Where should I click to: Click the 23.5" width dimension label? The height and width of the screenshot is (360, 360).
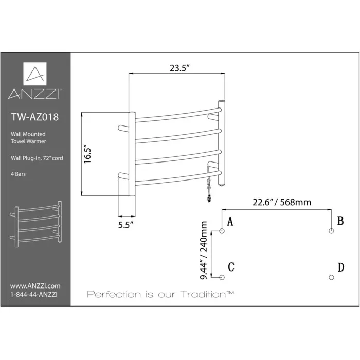click(x=176, y=67)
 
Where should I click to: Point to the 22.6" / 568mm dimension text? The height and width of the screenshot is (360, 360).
click(x=282, y=202)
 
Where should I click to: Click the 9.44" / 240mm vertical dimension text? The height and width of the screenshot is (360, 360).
click(x=204, y=250)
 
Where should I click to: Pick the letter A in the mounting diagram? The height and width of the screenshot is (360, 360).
click(x=230, y=222)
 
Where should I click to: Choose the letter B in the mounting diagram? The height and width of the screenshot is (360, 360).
click(x=340, y=221)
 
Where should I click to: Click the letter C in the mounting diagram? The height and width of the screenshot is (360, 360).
click(x=231, y=267)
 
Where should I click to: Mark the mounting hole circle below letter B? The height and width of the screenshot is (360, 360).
click(x=331, y=232)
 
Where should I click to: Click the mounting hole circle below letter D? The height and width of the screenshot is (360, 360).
click(x=331, y=277)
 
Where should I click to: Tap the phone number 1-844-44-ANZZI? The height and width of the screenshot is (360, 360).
click(x=34, y=294)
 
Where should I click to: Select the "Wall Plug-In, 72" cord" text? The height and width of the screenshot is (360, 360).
click(x=37, y=158)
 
